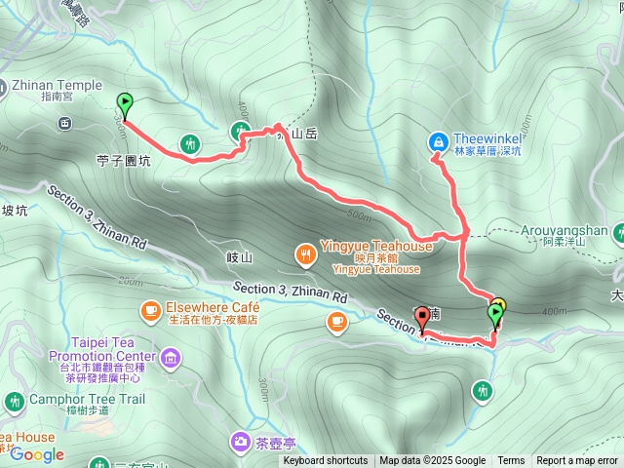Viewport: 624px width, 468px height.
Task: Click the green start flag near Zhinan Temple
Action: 125,102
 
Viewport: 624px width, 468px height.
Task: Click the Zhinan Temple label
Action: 56,85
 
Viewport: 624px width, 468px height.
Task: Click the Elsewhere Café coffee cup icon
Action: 150,310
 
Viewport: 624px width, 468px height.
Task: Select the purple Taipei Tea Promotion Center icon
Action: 173,361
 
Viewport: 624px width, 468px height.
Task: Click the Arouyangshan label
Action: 571,230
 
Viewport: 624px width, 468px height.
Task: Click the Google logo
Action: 37,454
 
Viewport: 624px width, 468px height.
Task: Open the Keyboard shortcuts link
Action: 326,461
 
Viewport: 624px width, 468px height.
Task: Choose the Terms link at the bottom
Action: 511,461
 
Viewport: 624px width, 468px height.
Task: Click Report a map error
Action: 577,461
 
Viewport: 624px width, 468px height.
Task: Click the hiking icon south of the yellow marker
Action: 481,391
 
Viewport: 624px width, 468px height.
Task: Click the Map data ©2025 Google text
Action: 433,461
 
